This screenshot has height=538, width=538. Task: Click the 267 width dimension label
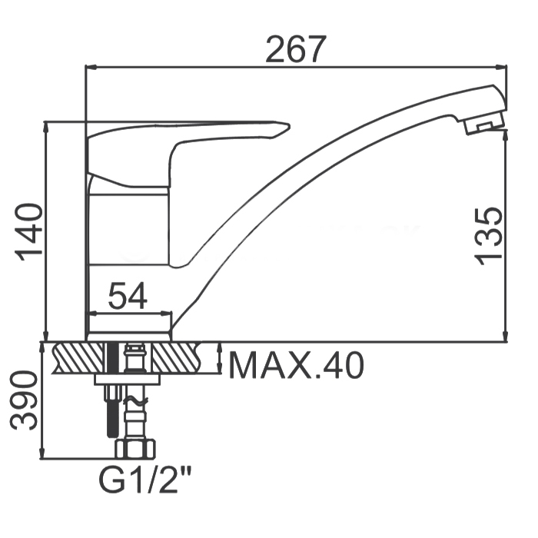pos(295,48)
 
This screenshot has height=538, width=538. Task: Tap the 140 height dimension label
pos(29,232)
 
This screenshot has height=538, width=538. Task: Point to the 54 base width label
pos(128,295)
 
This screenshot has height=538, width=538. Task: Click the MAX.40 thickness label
pos(296,365)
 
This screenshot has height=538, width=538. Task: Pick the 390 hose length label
pos(23,400)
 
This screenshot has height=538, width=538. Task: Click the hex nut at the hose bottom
pos(135,449)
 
